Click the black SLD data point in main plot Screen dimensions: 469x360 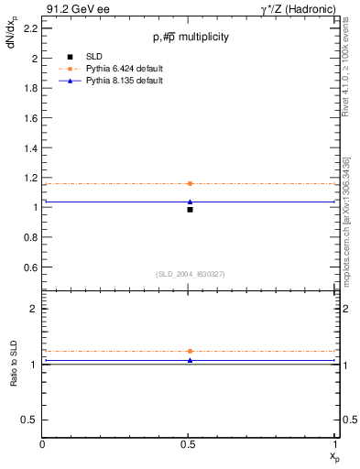pyautogui.click(x=190, y=210)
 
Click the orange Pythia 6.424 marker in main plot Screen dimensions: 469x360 pyautogui.click(x=190, y=183)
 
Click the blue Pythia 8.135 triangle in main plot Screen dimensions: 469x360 pyautogui.click(x=190, y=202)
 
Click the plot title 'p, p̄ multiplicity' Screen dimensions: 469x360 pyautogui.click(x=191, y=37)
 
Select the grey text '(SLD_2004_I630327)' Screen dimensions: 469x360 pyautogui.click(x=191, y=275)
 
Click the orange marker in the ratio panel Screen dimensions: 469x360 pyautogui.click(x=190, y=351)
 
